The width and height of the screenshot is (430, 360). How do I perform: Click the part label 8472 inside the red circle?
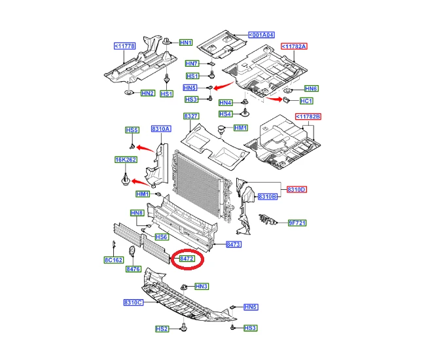click(x=187, y=259)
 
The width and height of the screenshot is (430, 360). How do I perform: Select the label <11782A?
click(x=294, y=46)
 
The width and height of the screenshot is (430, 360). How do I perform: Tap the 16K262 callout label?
click(x=126, y=160)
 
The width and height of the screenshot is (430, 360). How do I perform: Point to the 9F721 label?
click(x=297, y=223)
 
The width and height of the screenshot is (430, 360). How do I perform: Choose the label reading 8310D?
click(x=296, y=189)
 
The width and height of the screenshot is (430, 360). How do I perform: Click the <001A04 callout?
click(x=261, y=35)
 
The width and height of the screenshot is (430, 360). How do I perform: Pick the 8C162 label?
click(x=113, y=260)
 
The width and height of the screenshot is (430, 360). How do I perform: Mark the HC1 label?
click(x=306, y=101)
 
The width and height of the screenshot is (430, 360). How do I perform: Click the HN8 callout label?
click(x=137, y=213)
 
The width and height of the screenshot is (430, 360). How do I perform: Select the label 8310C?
click(x=134, y=302)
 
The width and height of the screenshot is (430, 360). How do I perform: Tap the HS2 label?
click(x=162, y=329)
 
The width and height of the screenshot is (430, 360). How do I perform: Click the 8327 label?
click(x=191, y=116)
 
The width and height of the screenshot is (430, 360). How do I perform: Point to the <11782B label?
click(x=308, y=117)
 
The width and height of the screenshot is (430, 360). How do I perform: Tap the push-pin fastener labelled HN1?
click(x=167, y=41)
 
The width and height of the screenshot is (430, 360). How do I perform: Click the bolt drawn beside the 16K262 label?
click(x=125, y=179)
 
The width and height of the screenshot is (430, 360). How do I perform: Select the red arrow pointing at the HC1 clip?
click(x=274, y=98)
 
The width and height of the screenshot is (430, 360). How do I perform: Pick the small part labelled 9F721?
click(x=268, y=219)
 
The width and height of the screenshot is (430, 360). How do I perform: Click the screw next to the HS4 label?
click(x=245, y=112)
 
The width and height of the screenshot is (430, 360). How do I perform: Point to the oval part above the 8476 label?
click(x=132, y=251)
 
